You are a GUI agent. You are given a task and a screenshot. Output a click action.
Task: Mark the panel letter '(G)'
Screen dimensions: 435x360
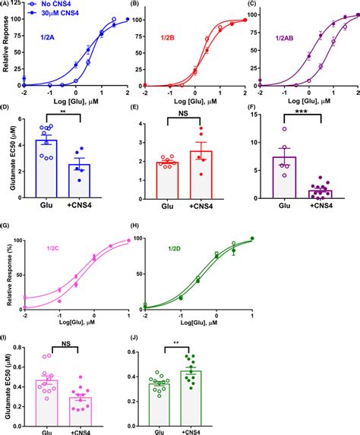click(8, 225)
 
